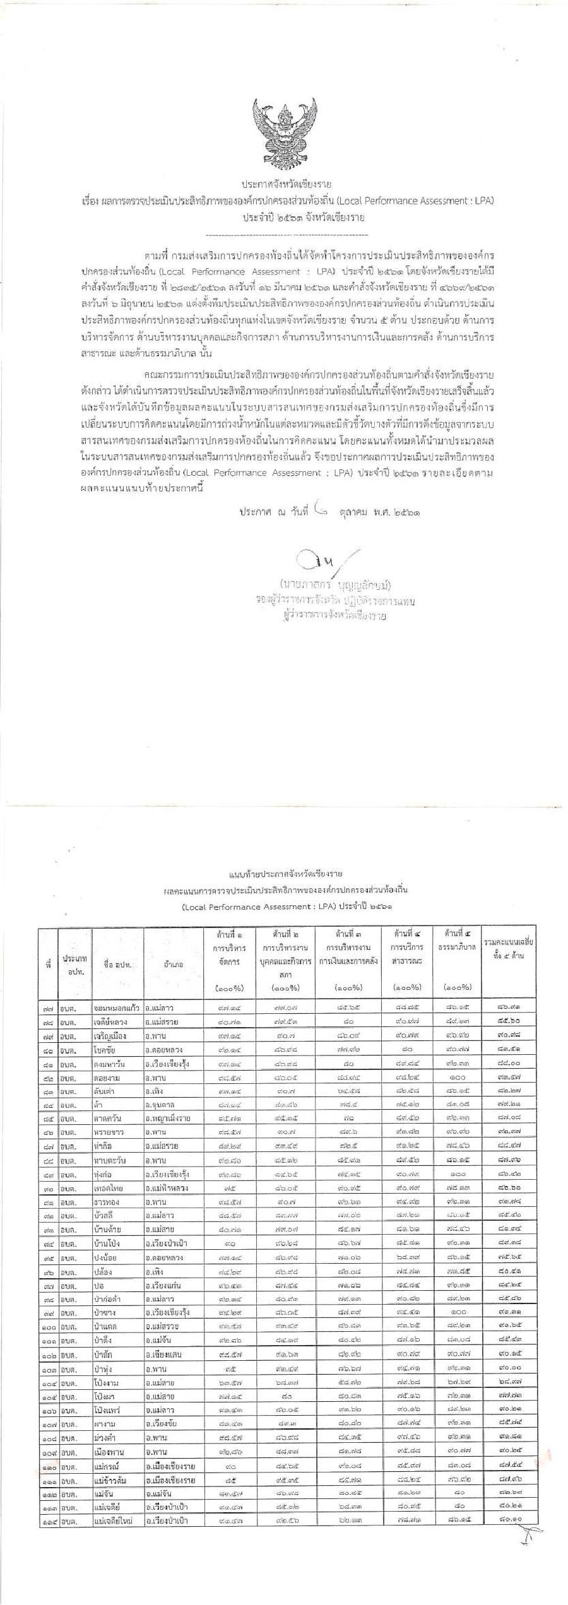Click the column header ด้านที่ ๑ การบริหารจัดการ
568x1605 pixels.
click(227, 959)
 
